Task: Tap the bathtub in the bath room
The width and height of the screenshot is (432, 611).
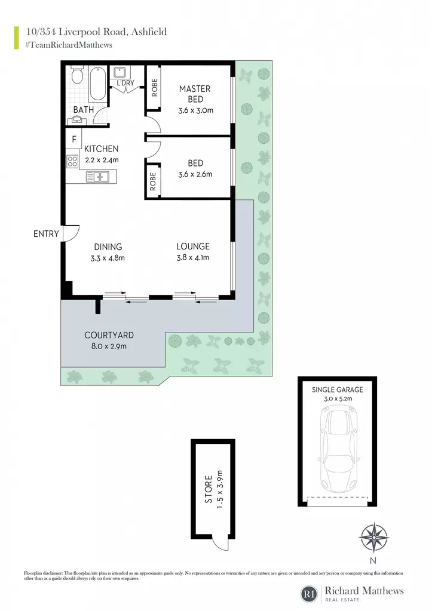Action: (x=97, y=84)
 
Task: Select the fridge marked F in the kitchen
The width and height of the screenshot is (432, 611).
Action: (x=73, y=139)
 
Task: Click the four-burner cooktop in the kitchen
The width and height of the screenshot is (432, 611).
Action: (x=72, y=161)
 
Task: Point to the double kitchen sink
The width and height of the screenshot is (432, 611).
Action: (x=97, y=177)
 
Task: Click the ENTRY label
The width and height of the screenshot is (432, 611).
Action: (x=46, y=234)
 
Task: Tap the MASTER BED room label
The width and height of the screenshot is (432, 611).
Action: (x=195, y=94)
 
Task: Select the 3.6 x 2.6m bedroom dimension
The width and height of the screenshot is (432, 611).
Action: (x=195, y=174)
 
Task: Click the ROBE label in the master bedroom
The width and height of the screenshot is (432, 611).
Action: (x=155, y=87)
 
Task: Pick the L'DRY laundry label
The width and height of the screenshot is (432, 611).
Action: (x=125, y=83)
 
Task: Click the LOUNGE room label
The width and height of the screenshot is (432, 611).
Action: (x=193, y=246)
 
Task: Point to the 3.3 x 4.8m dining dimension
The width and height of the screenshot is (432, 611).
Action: (x=108, y=258)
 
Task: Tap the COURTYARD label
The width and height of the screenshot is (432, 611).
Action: (x=109, y=335)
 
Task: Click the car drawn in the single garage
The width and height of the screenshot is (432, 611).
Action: (x=338, y=449)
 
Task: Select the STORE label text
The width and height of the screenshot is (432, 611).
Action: (x=209, y=489)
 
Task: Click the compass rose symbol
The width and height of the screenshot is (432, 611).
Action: (x=373, y=538)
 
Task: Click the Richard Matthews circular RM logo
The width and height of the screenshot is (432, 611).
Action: (x=309, y=594)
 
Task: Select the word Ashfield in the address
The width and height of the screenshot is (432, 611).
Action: (x=149, y=32)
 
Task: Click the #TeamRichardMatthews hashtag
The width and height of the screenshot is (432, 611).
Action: (x=69, y=45)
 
